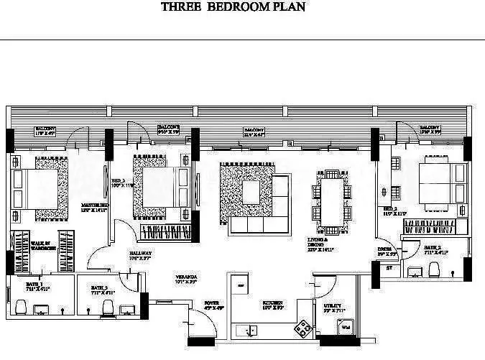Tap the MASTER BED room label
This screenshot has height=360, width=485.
[x=94, y=207]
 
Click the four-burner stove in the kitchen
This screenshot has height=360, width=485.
[x=303, y=329]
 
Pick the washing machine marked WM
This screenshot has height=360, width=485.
[x=344, y=328]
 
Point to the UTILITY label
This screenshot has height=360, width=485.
[x=334, y=307]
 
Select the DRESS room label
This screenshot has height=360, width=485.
[x=388, y=251]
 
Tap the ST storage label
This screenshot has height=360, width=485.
[x=389, y=269]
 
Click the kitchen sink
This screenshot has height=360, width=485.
[x=251, y=331]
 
